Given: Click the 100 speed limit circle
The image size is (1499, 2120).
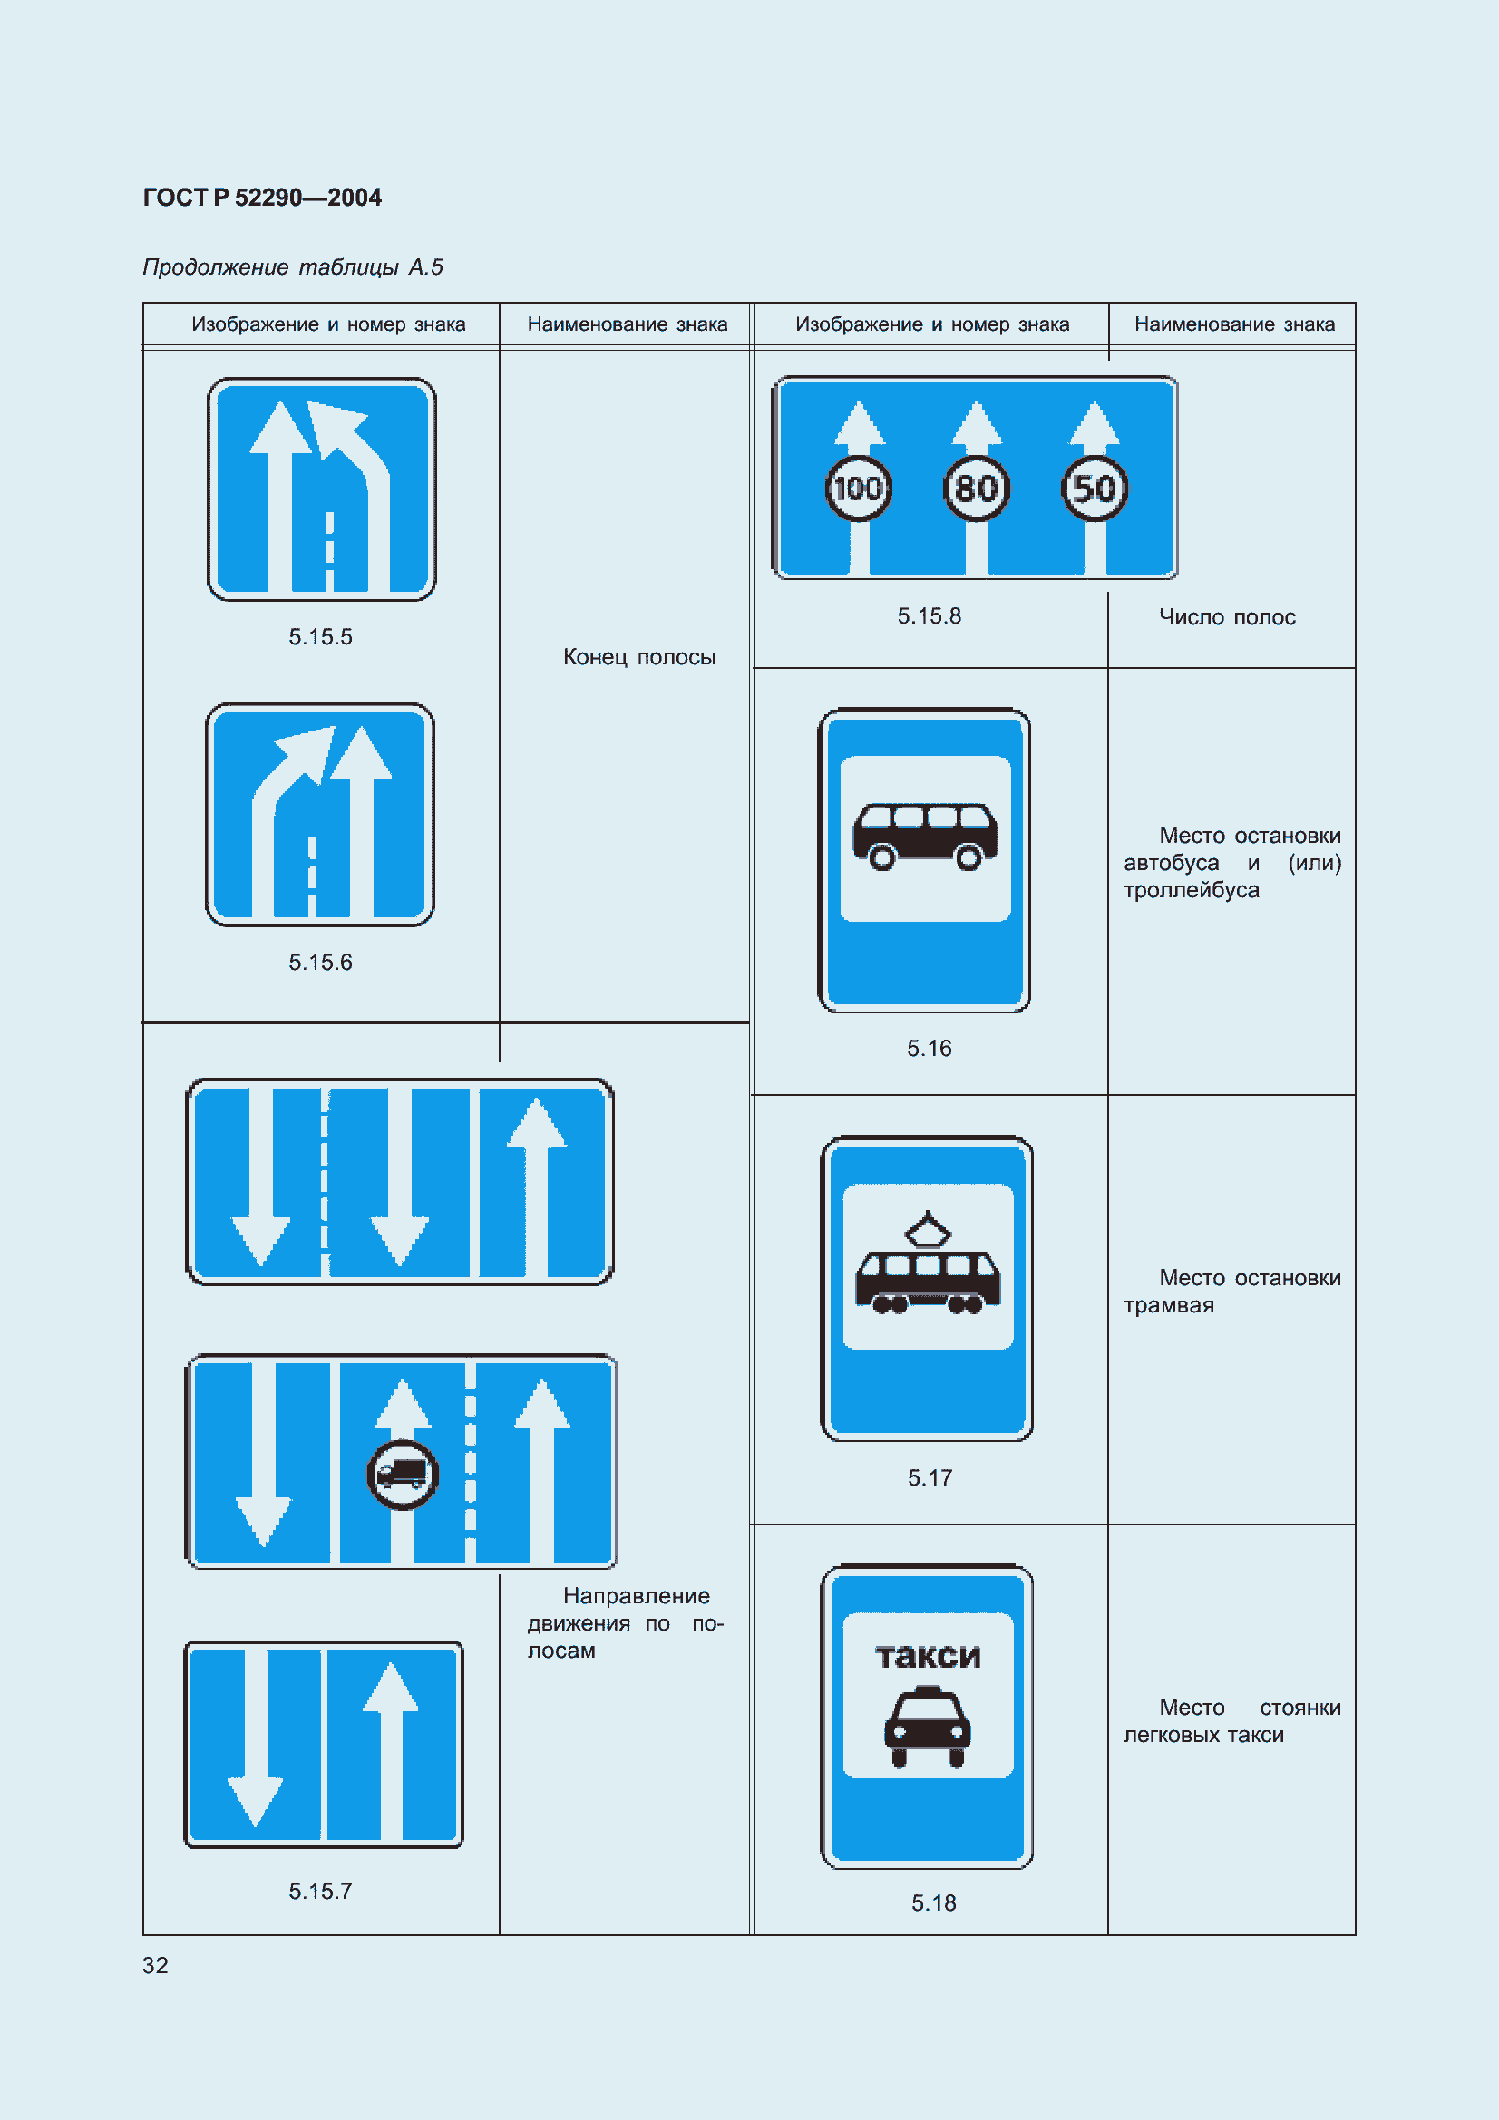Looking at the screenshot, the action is point(858,488).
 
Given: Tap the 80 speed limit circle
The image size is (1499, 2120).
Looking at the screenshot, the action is point(977,488).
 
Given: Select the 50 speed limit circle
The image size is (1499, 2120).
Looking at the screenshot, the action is point(1095,488).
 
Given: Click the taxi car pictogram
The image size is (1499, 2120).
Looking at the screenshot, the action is point(928,1727).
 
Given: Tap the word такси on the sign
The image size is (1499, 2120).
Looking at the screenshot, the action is point(928,1657).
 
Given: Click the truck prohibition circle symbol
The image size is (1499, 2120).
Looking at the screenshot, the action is point(403,1475).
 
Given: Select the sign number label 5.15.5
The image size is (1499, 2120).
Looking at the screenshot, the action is point(320,636).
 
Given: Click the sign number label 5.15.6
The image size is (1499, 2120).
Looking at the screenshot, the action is point(320,963).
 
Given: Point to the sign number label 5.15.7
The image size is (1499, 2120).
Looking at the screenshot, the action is point(320,1891).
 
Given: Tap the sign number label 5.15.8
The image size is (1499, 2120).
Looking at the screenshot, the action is point(930,615).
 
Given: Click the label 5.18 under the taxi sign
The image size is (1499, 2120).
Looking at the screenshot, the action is point(934,1903).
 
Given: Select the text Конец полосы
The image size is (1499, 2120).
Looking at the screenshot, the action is point(639,656).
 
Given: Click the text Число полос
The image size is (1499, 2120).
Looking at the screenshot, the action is point(1228,617).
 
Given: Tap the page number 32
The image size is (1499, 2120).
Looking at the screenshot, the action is point(155,1966).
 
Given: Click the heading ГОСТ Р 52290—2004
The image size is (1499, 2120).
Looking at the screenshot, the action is point(262,198).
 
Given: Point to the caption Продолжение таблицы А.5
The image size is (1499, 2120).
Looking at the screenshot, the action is point(293,266).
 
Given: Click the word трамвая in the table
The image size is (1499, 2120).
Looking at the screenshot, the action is point(1168,1305).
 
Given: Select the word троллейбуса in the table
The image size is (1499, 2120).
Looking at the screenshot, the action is point(1192,890).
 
